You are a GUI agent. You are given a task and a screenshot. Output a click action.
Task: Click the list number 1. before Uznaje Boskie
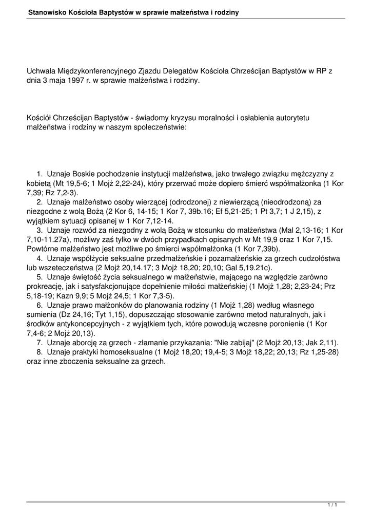[41, 174]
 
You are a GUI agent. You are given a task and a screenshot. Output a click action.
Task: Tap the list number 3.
[41, 230]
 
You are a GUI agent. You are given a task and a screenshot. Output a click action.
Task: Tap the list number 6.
[41, 305]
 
